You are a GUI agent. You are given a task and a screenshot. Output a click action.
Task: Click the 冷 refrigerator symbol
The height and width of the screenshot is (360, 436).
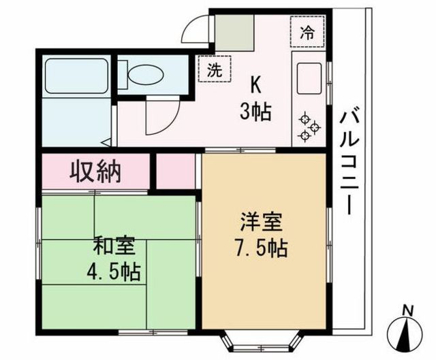point(307,32)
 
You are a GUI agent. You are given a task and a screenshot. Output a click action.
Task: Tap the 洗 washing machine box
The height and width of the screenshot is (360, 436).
point(215,69)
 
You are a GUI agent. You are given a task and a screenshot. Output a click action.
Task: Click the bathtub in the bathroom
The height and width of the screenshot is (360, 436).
point(76,76)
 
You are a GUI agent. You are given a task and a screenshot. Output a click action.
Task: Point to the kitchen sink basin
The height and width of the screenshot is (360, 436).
point(309,78)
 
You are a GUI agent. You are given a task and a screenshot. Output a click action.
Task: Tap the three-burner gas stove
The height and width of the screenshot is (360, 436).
point(309,127)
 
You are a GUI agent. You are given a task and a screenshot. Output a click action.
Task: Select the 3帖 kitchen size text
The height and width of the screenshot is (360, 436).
point(255,112)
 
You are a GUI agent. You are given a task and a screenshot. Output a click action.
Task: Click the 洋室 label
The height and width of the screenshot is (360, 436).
point(262,221)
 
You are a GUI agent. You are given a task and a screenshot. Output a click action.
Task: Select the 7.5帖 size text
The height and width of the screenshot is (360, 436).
point(262,248)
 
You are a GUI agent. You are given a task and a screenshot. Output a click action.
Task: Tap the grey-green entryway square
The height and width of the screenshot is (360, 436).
point(234,33)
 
